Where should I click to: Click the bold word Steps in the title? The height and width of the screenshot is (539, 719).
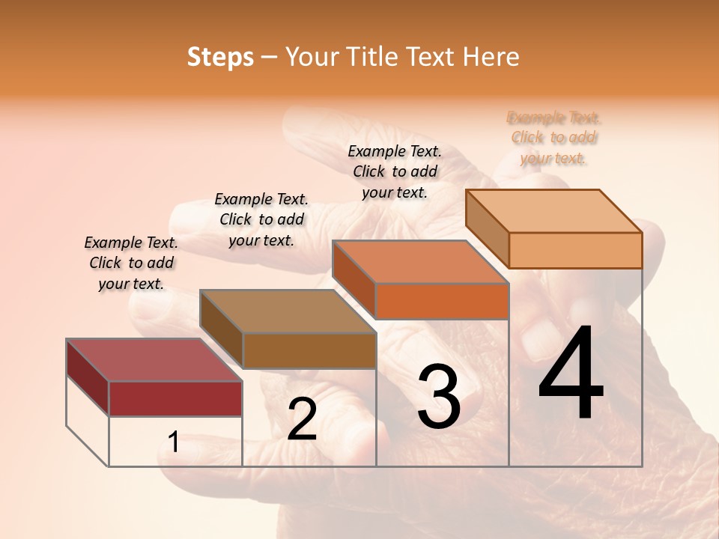click(220, 57)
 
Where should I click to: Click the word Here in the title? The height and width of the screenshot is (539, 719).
click(491, 57)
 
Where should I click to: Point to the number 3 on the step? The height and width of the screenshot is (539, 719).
click(439, 397)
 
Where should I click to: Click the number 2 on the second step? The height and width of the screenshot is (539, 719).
click(302, 419)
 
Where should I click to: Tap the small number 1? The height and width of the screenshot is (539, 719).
click(174, 442)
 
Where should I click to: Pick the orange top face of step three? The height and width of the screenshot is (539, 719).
click(420, 262)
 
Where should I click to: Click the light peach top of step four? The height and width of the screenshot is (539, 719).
click(553, 211)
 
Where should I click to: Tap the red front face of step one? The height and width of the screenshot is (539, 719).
click(175, 398)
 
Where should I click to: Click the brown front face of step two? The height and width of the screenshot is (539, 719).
click(309, 350)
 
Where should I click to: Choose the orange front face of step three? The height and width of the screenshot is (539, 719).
click(442, 301)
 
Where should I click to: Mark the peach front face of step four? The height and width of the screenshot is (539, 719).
click(575, 250)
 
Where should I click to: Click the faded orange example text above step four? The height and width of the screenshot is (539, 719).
click(554, 138)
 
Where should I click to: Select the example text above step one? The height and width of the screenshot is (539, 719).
click(131, 263)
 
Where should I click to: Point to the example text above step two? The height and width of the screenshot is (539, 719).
click(261, 219)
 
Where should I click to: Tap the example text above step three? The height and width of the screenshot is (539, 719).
click(395, 171)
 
